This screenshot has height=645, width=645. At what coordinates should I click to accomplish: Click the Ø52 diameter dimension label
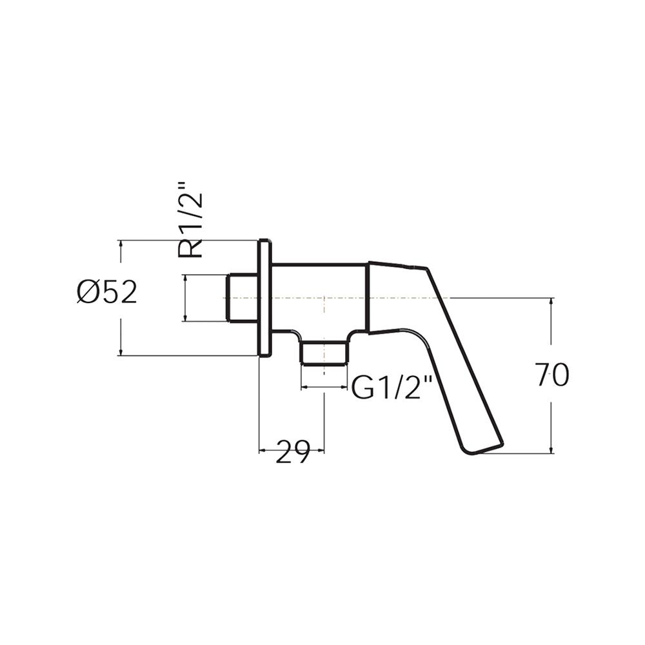pos(107,293)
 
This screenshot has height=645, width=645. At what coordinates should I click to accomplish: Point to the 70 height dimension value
pos(552,375)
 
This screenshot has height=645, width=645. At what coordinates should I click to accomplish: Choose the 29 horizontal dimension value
pos(293,451)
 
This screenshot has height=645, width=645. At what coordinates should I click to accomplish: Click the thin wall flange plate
pos(264,297)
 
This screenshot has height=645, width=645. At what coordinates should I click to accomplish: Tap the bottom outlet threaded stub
pos(324,353)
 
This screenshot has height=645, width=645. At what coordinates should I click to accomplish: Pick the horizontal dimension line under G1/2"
pos(324,388)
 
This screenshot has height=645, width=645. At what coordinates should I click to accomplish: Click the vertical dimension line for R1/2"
pos(185,297)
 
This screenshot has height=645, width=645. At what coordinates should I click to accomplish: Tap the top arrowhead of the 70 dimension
pos(552,301)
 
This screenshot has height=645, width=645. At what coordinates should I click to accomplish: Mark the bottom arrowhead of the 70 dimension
pos(552,450)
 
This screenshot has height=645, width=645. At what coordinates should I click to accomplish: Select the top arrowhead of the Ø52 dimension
pos(121,244)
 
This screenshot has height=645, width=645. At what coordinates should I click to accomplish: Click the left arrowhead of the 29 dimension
pos(262,451)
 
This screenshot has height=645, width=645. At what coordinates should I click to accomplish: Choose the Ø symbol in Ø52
pos(88,293)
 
